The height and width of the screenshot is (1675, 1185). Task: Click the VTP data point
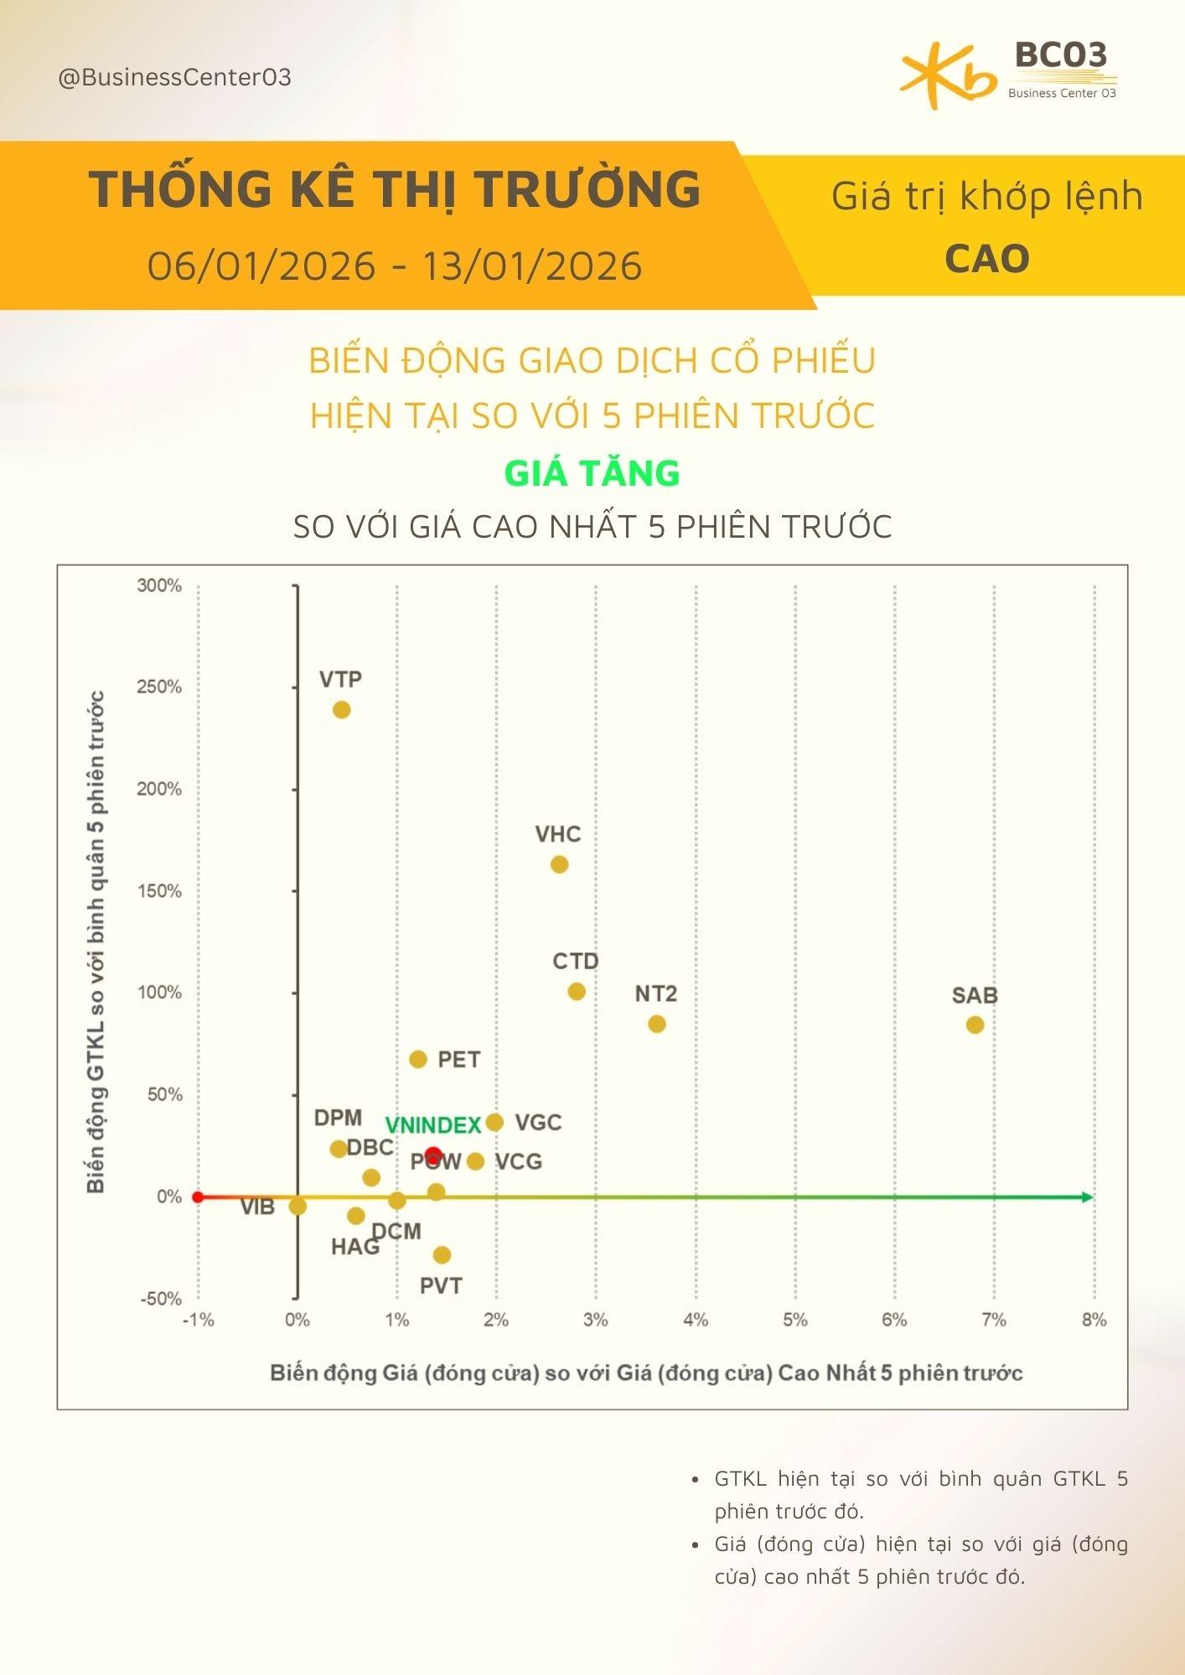point(341,709)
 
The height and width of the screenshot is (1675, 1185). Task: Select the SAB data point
point(975,1024)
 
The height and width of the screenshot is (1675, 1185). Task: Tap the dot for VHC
point(559,863)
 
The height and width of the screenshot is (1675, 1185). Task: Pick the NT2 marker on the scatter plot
point(657,1023)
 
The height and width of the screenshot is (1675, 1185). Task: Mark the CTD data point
point(577,991)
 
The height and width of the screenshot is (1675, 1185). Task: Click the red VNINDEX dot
point(433,1155)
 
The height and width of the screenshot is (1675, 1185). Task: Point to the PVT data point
point(442,1255)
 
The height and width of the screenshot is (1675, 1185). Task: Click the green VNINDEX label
point(432,1126)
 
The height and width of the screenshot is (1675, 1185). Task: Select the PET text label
point(459,1059)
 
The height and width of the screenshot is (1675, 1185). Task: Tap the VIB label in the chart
point(257,1207)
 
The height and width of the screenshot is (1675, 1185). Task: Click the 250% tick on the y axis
point(159,687)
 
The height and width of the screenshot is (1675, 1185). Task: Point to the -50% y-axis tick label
point(159,1299)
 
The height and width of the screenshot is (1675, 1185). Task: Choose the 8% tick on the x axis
point(1094,1321)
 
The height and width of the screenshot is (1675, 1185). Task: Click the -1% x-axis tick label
point(198,1321)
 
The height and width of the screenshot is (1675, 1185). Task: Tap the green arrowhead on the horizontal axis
point(1087,1197)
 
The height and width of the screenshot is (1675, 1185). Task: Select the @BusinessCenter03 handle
point(175,78)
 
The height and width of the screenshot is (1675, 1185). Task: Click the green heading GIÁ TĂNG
point(592,473)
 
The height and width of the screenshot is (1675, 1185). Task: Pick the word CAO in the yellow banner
point(986,259)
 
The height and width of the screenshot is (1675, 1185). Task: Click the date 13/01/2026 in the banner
point(532,266)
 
